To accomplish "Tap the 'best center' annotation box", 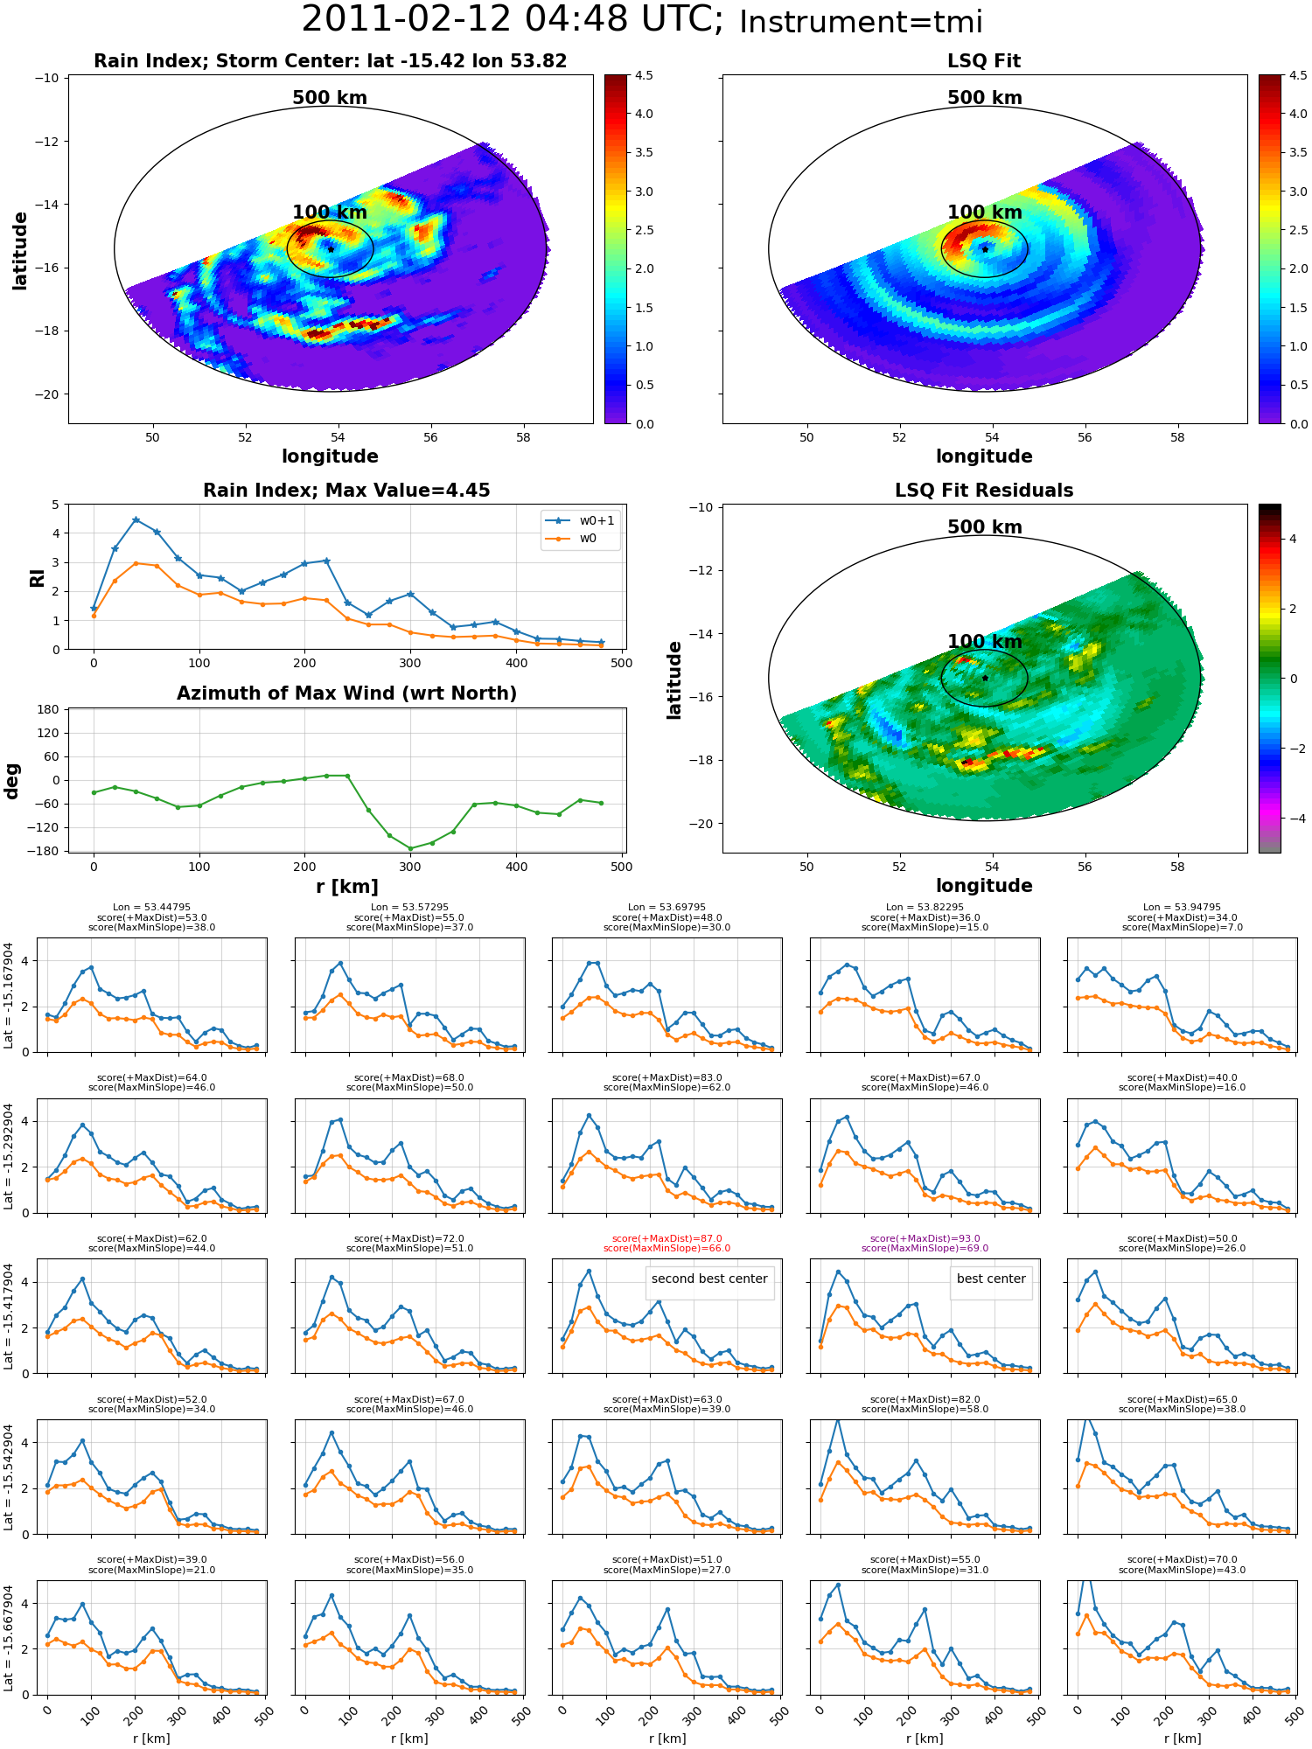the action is click(x=991, y=1279).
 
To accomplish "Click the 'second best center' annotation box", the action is click(x=709, y=1279).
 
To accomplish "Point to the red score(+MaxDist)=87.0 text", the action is click(x=666, y=1238).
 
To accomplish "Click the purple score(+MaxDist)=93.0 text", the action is click(x=925, y=1238).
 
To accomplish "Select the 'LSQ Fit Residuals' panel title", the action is click(x=984, y=491).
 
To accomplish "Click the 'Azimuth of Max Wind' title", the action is click(x=346, y=693).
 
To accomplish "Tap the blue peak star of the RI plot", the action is click(x=136, y=519).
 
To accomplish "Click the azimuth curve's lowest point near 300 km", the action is click(x=410, y=848).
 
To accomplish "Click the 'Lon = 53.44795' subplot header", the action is click(x=151, y=907).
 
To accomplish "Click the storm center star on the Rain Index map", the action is click(x=331, y=249).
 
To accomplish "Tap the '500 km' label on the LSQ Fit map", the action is click(x=984, y=98).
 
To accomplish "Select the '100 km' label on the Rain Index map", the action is click(x=330, y=213).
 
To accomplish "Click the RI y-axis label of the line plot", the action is click(x=37, y=577).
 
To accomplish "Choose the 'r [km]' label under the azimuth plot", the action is click(x=346, y=887).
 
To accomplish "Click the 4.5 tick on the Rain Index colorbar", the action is click(x=644, y=76).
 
